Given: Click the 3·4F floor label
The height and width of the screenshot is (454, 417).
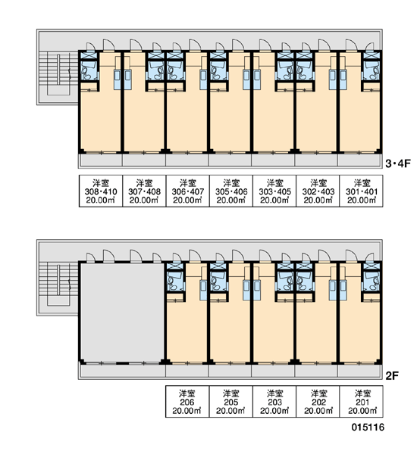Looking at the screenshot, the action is click(398, 164).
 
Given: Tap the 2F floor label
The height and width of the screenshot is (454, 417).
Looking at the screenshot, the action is click(392, 376).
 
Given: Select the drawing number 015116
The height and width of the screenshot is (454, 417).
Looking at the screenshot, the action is click(368, 427).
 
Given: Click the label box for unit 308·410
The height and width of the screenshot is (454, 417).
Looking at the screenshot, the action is click(101, 191).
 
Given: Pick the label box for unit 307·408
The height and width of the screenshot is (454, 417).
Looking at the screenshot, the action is click(144, 191).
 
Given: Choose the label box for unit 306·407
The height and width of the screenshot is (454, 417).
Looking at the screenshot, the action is click(188, 191).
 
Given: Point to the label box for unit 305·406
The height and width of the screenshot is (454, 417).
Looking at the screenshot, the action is click(231, 191).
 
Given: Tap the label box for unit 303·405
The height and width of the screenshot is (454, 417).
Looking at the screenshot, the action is click(274, 191).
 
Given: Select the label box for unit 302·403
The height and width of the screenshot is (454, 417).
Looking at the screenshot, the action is click(318, 191).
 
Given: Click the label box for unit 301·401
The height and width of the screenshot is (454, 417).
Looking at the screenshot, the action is click(362, 191).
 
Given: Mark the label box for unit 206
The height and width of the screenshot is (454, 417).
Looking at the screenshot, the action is click(187, 402).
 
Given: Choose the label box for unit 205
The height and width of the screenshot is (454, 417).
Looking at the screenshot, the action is click(231, 402).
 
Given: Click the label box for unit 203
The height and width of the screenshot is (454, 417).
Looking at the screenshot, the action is click(274, 402).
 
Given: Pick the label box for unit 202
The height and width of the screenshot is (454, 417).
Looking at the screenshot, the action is click(318, 402).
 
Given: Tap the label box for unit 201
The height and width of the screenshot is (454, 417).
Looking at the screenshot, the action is click(362, 402).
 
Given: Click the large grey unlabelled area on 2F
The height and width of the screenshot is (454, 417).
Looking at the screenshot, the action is click(122, 312).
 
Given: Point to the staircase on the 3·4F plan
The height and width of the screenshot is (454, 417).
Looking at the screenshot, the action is click(58, 73).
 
